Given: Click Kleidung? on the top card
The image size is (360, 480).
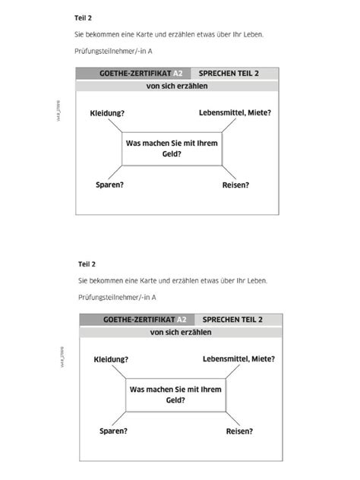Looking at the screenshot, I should click(x=107, y=113).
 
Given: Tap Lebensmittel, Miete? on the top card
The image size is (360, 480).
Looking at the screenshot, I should click(x=235, y=113).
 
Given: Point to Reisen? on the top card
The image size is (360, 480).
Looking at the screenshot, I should click(x=235, y=185).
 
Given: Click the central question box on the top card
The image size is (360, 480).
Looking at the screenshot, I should click(x=172, y=148).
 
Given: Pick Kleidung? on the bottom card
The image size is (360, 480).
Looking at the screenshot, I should click(x=111, y=358).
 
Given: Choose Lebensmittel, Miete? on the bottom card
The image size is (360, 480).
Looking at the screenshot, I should click(x=239, y=358).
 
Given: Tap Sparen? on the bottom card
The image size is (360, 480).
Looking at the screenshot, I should click(x=113, y=431).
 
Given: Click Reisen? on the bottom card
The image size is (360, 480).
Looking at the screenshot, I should click(x=239, y=431).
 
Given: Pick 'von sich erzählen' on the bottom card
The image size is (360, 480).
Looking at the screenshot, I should click(x=181, y=332).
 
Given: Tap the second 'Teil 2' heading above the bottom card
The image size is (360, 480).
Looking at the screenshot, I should click(x=87, y=264).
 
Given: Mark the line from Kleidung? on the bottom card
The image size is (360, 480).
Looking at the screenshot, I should click(x=119, y=371).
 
